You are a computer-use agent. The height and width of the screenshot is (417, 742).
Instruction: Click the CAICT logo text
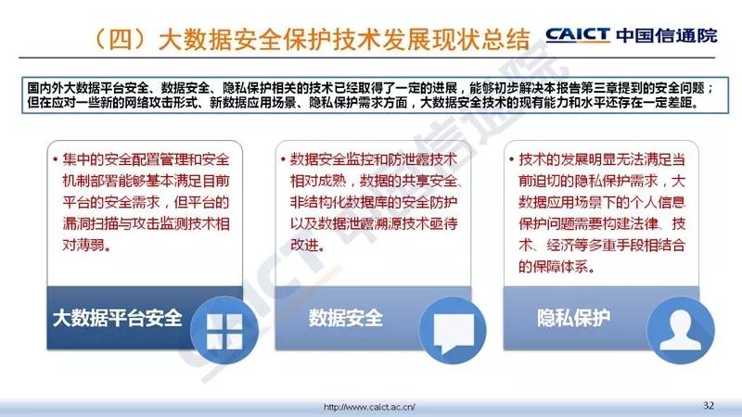(x=578, y=35)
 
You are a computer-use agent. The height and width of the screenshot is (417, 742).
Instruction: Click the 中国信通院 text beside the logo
(x=667, y=35)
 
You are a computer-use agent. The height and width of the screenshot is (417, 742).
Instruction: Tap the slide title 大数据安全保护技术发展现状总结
(x=344, y=39)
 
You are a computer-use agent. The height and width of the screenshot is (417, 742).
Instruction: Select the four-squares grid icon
(x=224, y=332)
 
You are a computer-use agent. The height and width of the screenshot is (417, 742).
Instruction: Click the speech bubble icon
(x=454, y=333)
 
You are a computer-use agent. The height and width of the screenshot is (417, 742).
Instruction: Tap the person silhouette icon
(x=681, y=331)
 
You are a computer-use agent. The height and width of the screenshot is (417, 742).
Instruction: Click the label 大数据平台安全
(x=118, y=318)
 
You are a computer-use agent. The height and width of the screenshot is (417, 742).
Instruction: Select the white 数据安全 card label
(x=345, y=318)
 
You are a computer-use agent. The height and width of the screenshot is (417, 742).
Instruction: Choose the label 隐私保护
(x=573, y=318)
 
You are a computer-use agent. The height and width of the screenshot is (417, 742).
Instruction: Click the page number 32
(x=709, y=405)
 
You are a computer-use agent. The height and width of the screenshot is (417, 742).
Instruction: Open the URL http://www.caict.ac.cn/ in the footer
(x=369, y=407)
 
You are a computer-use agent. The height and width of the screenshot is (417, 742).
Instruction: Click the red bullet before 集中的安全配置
(x=56, y=158)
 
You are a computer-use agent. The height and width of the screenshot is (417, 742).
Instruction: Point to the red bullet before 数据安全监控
(x=283, y=158)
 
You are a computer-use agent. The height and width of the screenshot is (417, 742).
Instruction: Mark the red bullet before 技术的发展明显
(x=512, y=158)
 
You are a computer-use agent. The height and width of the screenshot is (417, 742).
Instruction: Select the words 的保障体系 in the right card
(x=553, y=267)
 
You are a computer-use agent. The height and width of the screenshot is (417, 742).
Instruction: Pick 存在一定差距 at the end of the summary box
(x=661, y=102)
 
